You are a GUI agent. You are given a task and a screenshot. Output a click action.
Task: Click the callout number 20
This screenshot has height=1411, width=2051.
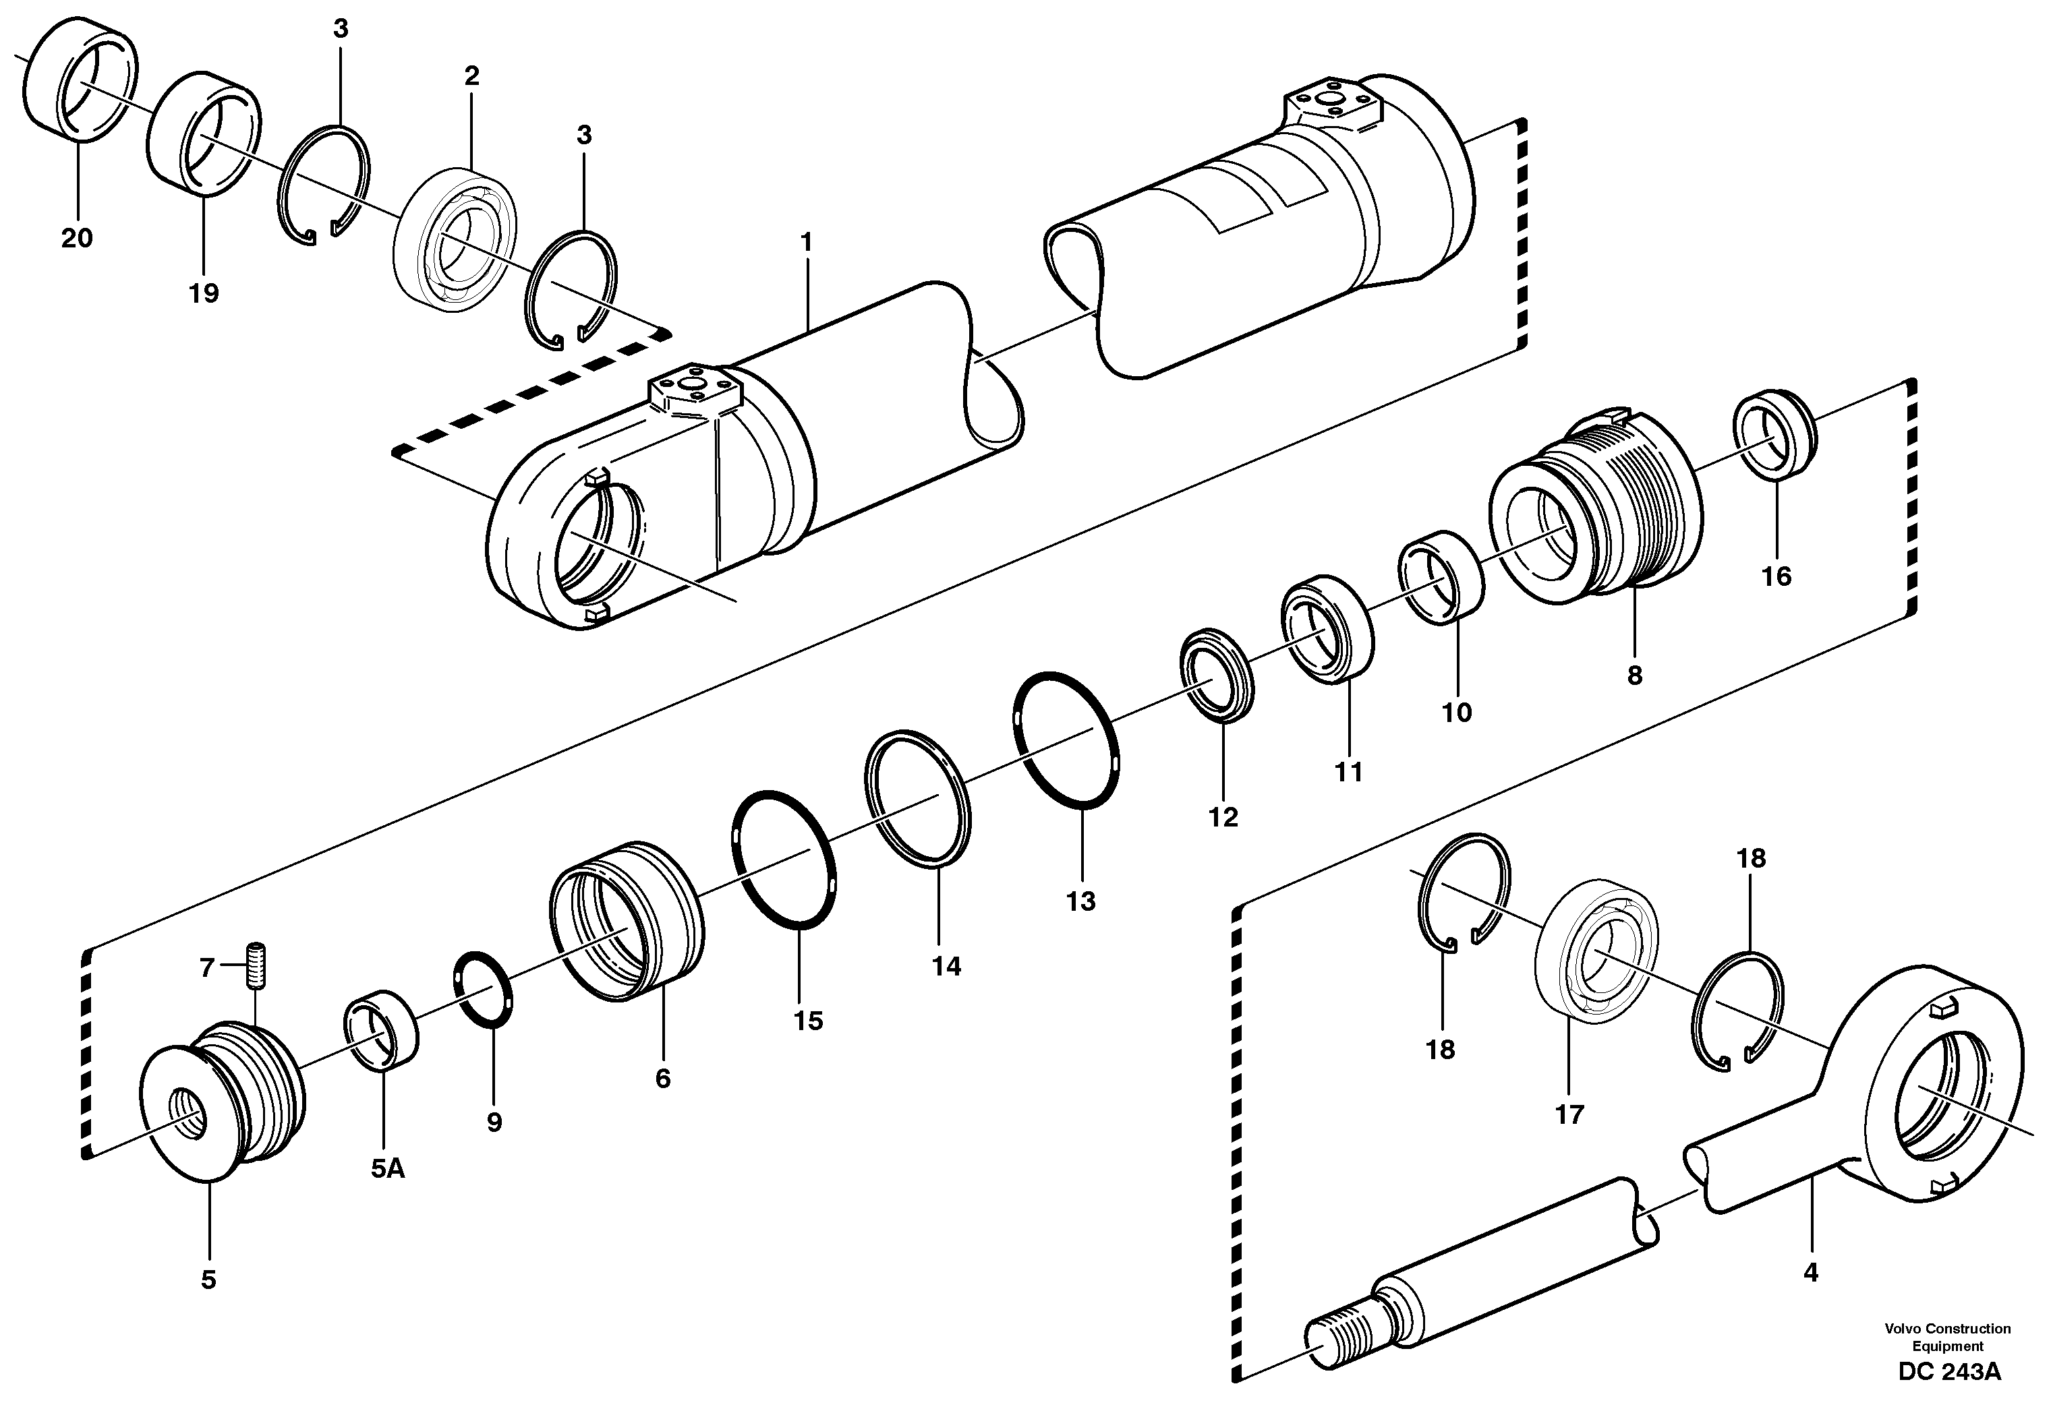point(77,238)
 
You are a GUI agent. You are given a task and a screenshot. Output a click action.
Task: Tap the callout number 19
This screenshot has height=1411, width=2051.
point(204,293)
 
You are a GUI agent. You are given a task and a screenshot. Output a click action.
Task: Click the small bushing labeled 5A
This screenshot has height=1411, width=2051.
point(381,1031)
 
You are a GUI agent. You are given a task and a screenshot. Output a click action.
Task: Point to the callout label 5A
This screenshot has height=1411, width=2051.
point(387,1169)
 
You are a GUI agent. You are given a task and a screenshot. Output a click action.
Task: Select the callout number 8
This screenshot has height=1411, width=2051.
point(1634,676)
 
